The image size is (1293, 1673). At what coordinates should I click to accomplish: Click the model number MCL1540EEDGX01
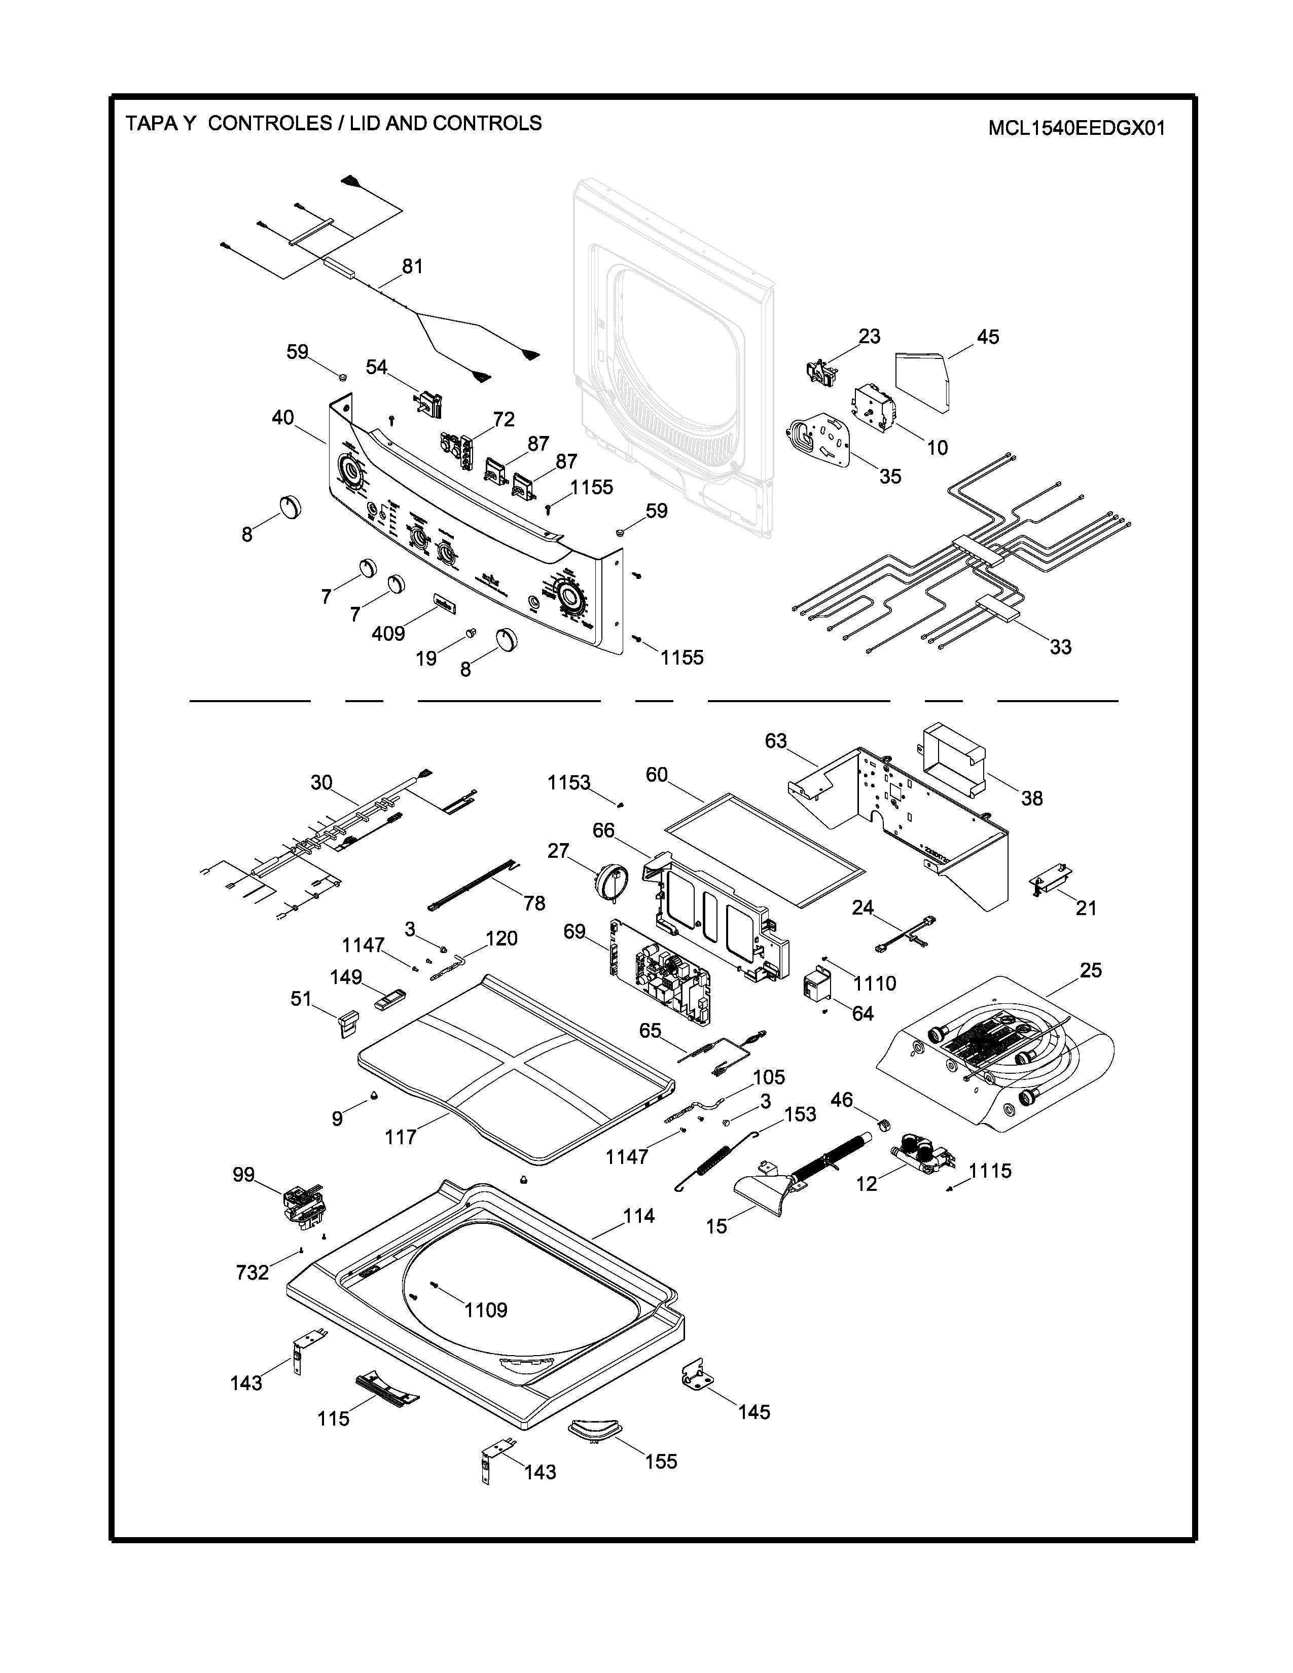point(1076,128)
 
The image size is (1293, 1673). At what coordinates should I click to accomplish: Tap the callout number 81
point(412,267)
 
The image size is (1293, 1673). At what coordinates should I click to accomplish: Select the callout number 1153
point(568,782)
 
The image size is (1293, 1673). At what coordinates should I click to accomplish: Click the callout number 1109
point(486,1310)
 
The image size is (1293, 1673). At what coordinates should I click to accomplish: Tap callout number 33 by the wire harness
point(1060,647)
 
